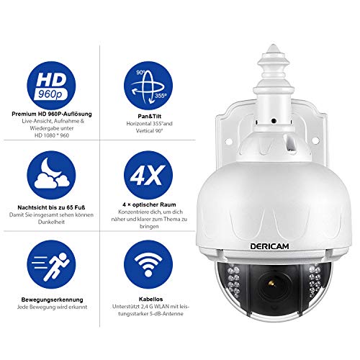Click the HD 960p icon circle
click(51, 86)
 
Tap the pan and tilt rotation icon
click(148, 86)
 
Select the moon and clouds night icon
click(51, 175)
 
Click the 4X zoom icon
click(148, 175)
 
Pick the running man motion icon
click(51, 264)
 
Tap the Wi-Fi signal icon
click(148, 264)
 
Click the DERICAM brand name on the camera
click(269, 246)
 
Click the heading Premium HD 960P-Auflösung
click(52, 114)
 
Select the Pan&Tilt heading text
click(150, 116)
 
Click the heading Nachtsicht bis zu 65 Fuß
click(51, 207)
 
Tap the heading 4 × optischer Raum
click(149, 204)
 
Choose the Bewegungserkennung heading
click(52, 300)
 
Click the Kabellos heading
click(150, 299)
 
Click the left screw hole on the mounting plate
click(229, 140)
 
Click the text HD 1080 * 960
click(52, 135)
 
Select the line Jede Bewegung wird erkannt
click(52, 307)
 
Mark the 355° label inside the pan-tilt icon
click(161, 96)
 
